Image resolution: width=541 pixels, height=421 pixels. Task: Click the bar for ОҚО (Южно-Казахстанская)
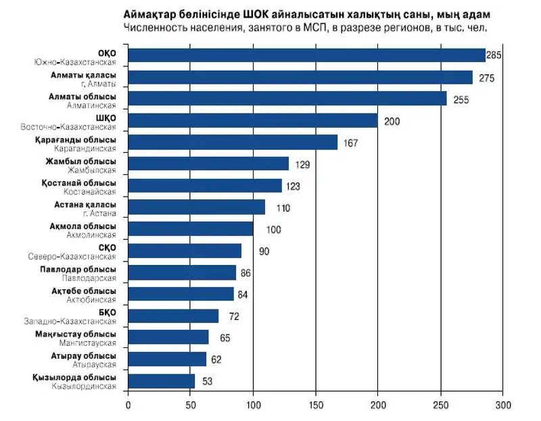(x=306, y=55)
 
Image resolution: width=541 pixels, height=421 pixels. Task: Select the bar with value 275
(x=300, y=78)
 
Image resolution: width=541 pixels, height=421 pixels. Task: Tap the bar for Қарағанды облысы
(x=232, y=143)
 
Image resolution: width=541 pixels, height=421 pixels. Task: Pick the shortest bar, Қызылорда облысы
(x=161, y=381)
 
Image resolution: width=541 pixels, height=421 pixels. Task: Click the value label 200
(x=392, y=122)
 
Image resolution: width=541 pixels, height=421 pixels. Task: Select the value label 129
(x=304, y=164)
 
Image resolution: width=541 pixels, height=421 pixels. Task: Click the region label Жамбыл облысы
(x=81, y=161)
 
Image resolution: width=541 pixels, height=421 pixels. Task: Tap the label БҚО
(x=107, y=312)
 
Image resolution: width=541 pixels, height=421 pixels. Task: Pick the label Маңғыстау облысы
(x=75, y=334)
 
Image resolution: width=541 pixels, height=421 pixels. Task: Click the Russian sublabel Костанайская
(x=93, y=192)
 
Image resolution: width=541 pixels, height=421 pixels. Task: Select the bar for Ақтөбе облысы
(x=181, y=294)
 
